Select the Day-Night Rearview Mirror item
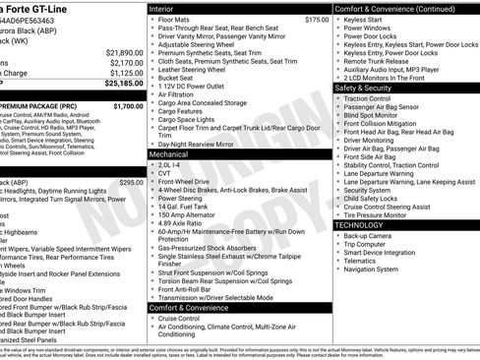[x=202, y=144]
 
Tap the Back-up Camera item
[x=368, y=236]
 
